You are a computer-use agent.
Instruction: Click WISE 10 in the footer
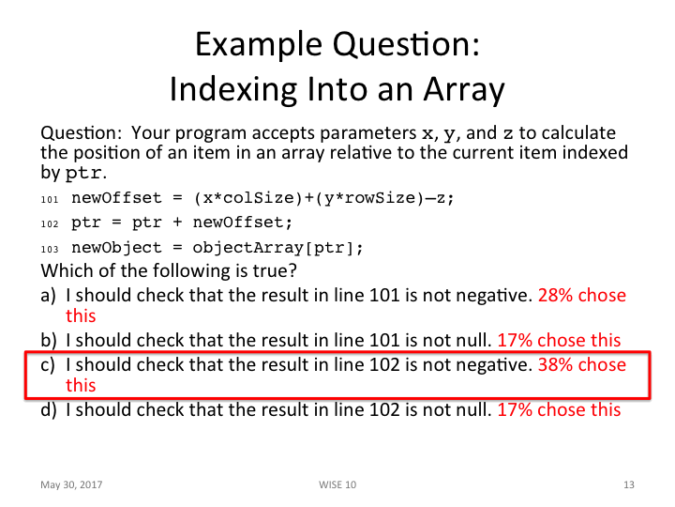(337, 484)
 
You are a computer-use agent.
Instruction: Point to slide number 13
(628, 484)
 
